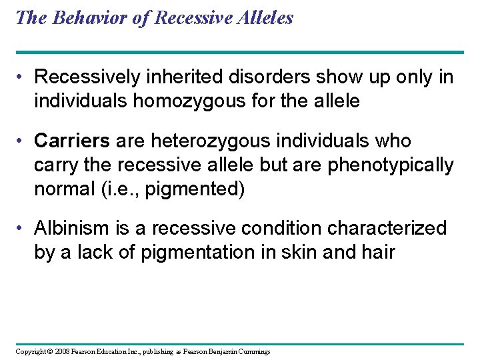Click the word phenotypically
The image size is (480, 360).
click(391, 165)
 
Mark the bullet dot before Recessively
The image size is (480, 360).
click(23, 78)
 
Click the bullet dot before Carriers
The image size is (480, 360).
click(23, 142)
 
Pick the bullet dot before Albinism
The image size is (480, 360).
click(23, 229)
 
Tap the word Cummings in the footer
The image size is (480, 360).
click(254, 351)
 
